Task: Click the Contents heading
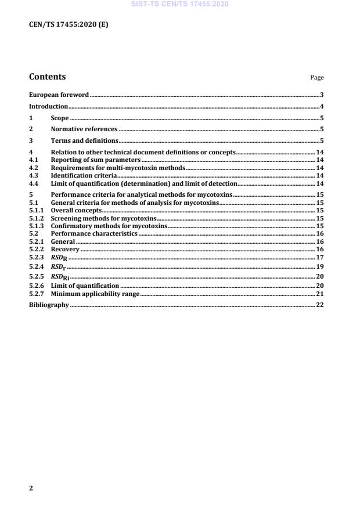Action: point(48,77)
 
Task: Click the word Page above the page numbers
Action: point(317,78)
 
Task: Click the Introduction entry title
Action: point(49,106)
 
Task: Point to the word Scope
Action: point(60,118)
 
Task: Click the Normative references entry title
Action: point(84,129)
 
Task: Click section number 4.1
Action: point(34,159)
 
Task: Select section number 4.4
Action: point(34,183)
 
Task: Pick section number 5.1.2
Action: point(37,218)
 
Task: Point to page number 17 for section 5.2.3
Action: point(319,257)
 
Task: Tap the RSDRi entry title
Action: point(60,276)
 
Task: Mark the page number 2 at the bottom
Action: point(31,488)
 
